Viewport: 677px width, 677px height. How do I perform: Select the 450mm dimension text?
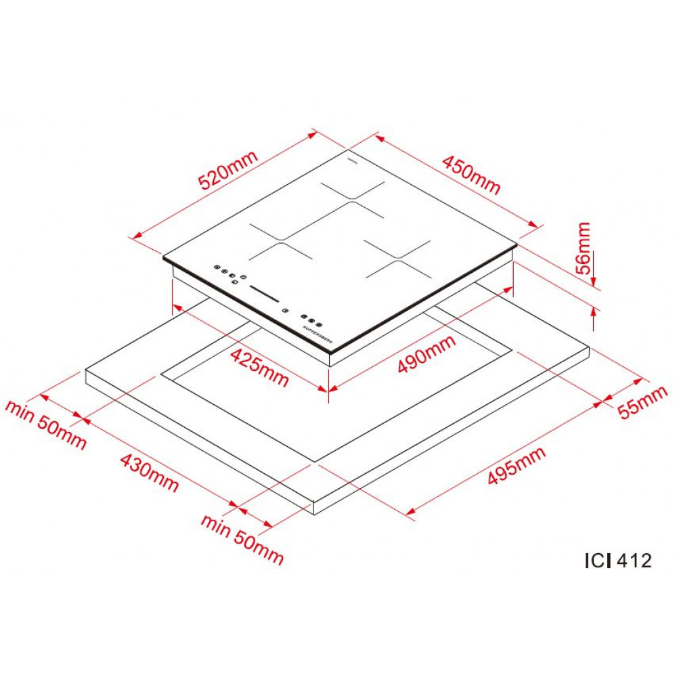pos(471,175)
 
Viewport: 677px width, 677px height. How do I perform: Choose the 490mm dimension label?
pos(427,355)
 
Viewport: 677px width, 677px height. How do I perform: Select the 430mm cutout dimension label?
pos(149,472)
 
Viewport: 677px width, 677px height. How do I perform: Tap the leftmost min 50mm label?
pos(46,424)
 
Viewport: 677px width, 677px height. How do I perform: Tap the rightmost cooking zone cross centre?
pos(398,259)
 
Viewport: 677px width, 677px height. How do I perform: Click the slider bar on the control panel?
pos(264,294)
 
